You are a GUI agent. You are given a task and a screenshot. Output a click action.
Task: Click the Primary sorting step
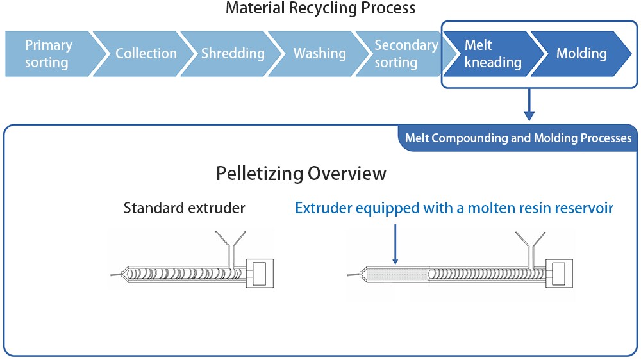point(48,54)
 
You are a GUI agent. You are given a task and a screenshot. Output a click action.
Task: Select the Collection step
point(146,54)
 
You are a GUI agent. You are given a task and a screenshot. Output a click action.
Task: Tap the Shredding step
point(233,54)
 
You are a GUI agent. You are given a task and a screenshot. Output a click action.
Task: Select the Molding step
point(581,54)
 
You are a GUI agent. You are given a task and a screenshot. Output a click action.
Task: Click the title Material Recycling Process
point(320,9)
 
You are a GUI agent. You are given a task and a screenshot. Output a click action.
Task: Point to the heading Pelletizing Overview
point(301,174)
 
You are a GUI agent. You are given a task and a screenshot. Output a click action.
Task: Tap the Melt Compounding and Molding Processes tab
point(518,138)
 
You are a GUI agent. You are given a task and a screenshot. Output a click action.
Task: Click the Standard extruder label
point(184,208)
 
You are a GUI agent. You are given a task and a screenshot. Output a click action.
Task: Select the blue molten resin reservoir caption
point(454,208)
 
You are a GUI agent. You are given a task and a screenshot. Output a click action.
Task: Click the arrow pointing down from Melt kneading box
point(529,106)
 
